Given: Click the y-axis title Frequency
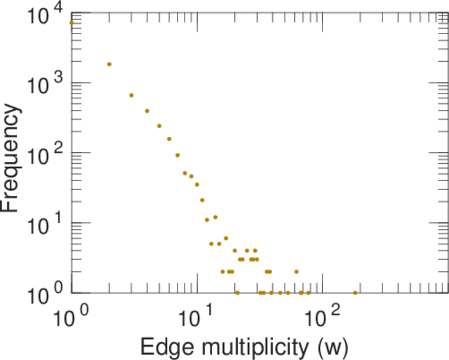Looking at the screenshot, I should coord(13,158).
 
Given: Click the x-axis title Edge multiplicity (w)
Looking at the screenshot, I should coord(244,346).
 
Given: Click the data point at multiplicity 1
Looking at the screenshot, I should coord(71,23).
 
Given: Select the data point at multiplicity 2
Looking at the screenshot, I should coord(109,64).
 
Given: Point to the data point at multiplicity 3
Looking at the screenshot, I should coord(131,95).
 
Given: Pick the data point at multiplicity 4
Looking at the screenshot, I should coord(147,111).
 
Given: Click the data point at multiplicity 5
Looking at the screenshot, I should coord(159,126).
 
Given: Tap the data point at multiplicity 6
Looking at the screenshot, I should coord(169,139).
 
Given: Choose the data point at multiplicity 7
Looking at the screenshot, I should coord(177,155).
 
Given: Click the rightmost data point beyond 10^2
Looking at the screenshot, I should coord(355,293).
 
